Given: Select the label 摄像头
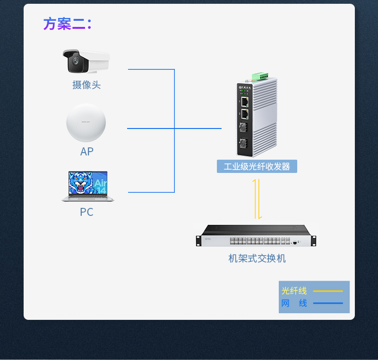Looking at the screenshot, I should [86, 85].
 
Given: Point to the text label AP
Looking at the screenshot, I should [87, 152].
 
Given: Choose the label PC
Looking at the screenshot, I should [86, 212].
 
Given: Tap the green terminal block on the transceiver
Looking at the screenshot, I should [260, 76].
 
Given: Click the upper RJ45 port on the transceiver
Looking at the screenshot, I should [245, 101].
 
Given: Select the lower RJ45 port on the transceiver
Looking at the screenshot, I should [245, 114].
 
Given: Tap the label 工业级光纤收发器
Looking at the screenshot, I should [257, 167].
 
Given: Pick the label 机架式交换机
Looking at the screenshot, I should [257, 258].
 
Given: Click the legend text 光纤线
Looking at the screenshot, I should [294, 291].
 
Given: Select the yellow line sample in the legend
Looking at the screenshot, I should [328, 291].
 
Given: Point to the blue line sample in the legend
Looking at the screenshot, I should [328, 303].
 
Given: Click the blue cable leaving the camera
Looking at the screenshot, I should [151, 69].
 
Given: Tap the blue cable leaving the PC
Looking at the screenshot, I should [151, 192].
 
